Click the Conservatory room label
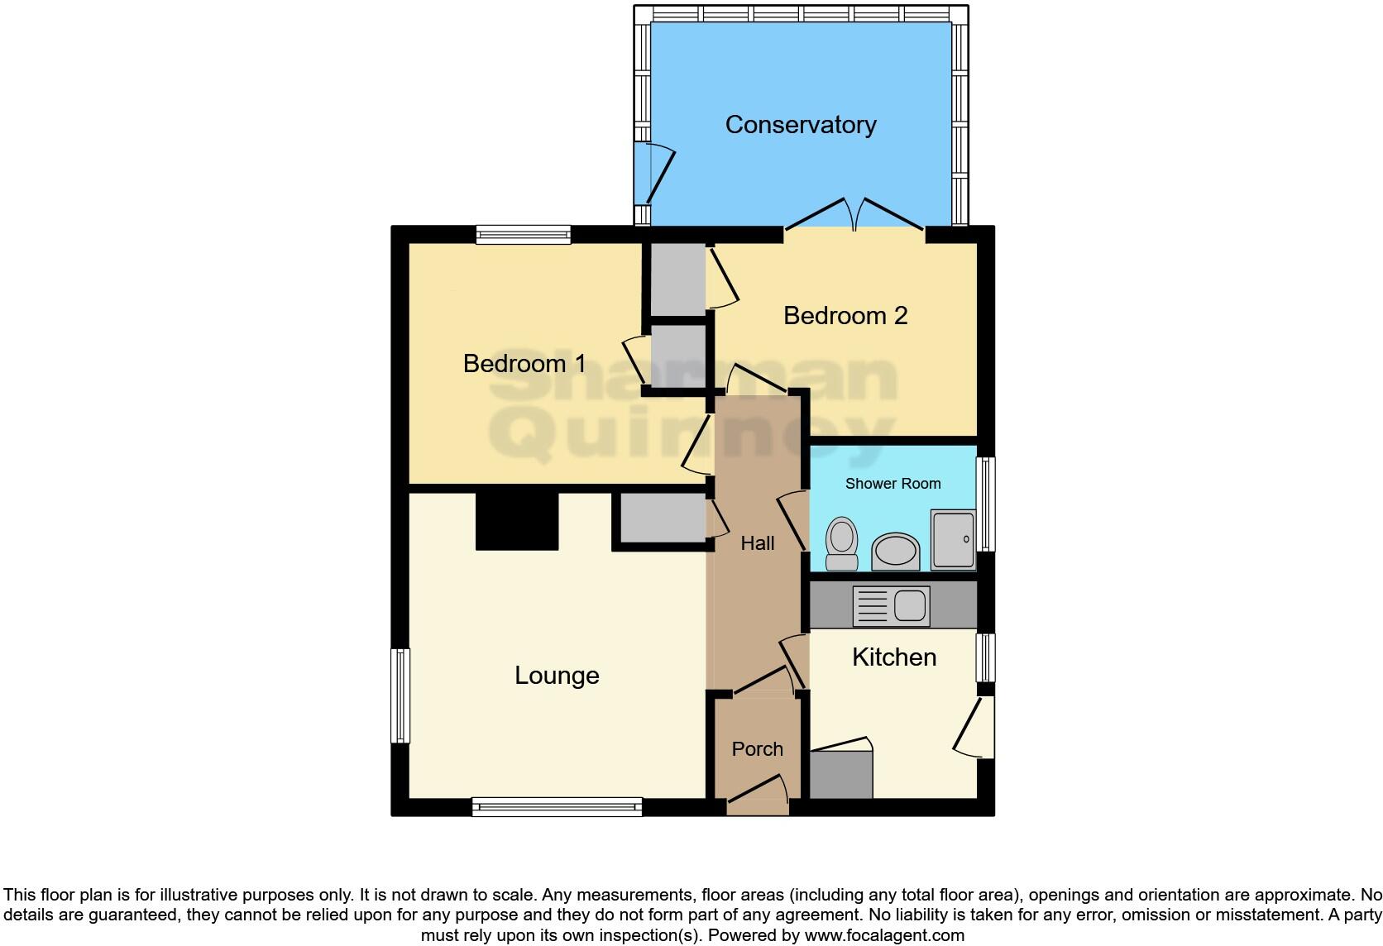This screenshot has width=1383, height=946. pyautogui.click(x=800, y=125)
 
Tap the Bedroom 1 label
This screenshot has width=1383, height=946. pyautogui.click(x=524, y=363)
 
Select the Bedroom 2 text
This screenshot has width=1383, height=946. pyautogui.click(x=845, y=315)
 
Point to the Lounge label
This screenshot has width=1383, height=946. pyautogui.click(x=557, y=676)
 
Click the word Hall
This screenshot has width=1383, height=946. pyautogui.click(x=757, y=543)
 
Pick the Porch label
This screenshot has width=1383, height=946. pyautogui.click(x=757, y=749)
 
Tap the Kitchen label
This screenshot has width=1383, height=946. pyautogui.click(x=893, y=657)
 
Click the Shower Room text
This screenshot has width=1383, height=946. pyautogui.click(x=892, y=484)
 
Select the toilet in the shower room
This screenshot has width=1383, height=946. pyautogui.click(x=842, y=544)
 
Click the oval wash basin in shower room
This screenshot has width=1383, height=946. pyautogui.click(x=896, y=551)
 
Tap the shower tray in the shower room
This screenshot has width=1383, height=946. pyautogui.click(x=953, y=540)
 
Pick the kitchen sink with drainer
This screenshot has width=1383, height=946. pyautogui.click(x=891, y=606)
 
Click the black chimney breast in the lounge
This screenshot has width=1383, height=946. pyautogui.click(x=517, y=521)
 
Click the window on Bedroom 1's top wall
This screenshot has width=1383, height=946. pyautogui.click(x=523, y=235)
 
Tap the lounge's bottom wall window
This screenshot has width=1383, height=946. pyautogui.click(x=557, y=806)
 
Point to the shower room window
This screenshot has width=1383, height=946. pyautogui.click(x=986, y=504)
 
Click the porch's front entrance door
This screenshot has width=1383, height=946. pyautogui.click(x=757, y=795)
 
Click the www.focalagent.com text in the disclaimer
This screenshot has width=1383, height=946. pyautogui.click(x=883, y=935)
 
